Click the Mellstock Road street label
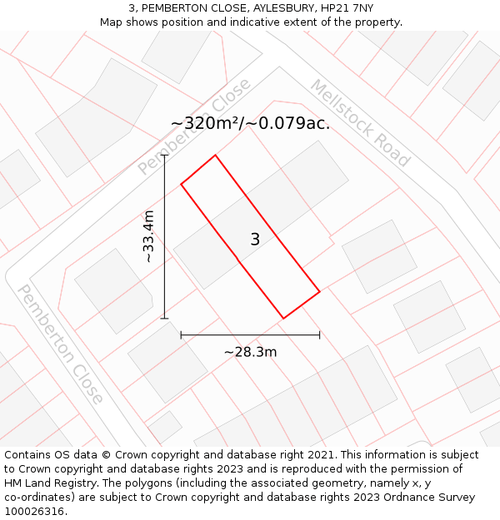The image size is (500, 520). coord(360,123)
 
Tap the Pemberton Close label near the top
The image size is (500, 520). coord(195,126)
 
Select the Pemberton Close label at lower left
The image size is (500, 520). coord(61,344)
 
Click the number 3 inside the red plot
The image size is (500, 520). coord(255,240)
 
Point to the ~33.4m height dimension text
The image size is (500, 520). coord(148,237)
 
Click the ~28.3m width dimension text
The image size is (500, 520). coord(250,352)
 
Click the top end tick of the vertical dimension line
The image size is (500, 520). coord(165,156)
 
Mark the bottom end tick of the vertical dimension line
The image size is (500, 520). coord(165,318)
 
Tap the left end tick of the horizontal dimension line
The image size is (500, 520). coord(181,335)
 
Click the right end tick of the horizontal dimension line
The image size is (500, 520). coord(320,335)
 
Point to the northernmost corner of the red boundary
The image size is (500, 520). coord(216,155)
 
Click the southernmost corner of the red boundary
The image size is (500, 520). coord(283,318)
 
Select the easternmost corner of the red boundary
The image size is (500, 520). coord(320,291)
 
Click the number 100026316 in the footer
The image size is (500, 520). coord(36,512)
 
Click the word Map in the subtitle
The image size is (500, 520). coord(112,22)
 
